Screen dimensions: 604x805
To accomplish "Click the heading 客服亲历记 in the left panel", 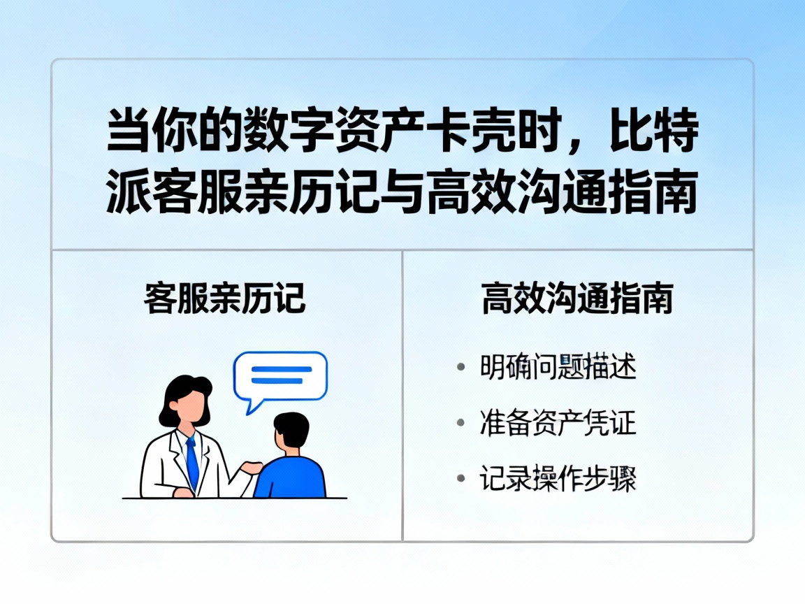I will (225, 299).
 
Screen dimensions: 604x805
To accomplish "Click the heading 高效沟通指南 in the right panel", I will (577, 299).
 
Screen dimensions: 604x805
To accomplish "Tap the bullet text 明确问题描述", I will (558, 367).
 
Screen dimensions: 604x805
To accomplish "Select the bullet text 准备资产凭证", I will (558, 423).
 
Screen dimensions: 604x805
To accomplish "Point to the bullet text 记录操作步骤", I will (558, 479).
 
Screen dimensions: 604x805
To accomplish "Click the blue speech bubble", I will (280, 376).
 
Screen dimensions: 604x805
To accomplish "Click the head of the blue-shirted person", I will (291, 432).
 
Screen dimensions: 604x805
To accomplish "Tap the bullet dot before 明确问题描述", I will (460, 368).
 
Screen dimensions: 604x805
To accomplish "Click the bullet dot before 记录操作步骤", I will (460, 480).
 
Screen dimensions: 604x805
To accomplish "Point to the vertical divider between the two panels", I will (402, 395).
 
